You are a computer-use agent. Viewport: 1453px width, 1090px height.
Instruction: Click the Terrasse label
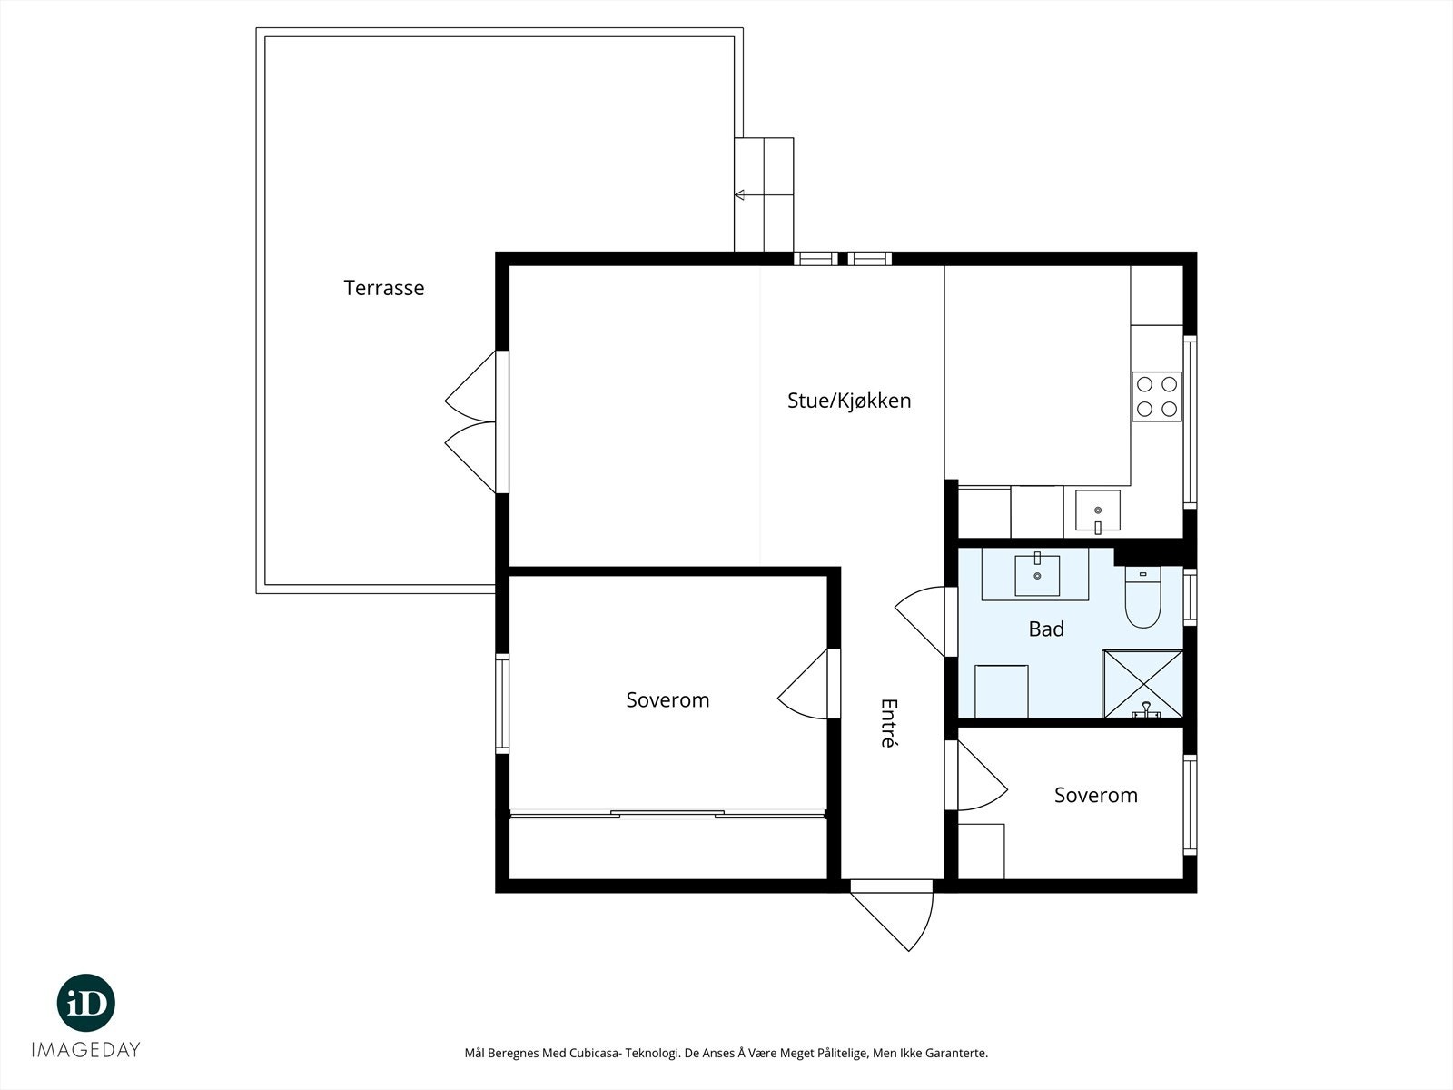[x=384, y=288]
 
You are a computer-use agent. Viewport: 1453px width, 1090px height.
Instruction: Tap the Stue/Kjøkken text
[x=849, y=401]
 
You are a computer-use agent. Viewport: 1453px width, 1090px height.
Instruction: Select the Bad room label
[x=1046, y=629]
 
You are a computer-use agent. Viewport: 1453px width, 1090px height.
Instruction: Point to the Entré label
[x=888, y=723]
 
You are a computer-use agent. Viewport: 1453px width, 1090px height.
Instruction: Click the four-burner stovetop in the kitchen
[x=1156, y=396]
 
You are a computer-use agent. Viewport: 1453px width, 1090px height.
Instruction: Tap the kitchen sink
[x=1098, y=510]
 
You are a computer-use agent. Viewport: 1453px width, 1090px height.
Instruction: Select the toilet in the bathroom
[x=1143, y=597]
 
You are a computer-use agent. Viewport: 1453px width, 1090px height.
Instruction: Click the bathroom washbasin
[x=1037, y=574]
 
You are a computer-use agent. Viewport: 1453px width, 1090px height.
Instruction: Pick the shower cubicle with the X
[x=1142, y=684]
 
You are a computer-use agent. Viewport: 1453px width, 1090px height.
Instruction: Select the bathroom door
[x=923, y=621]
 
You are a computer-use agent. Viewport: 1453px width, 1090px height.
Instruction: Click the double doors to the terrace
[x=472, y=421]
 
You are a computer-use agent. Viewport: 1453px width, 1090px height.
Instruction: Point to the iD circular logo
[x=86, y=1003]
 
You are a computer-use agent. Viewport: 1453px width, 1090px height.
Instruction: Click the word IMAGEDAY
[x=86, y=1050]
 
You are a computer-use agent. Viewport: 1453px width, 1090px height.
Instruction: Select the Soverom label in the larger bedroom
[x=667, y=700]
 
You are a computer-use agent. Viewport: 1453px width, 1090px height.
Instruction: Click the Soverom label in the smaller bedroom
[x=1096, y=796]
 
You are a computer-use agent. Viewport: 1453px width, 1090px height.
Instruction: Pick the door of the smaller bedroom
[x=980, y=776]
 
